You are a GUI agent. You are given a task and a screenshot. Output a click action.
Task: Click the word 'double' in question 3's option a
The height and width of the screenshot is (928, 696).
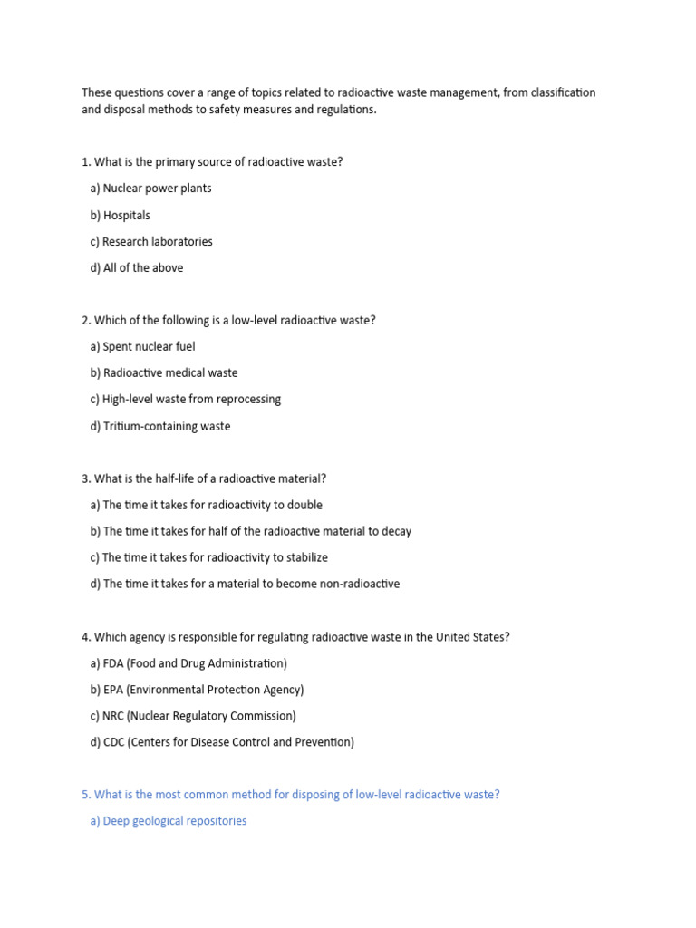pos(304,506)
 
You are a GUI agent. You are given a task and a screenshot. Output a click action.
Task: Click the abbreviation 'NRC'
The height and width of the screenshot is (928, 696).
pos(113,717)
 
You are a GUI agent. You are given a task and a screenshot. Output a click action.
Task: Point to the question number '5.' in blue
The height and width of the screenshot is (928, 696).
pos(86,796)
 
